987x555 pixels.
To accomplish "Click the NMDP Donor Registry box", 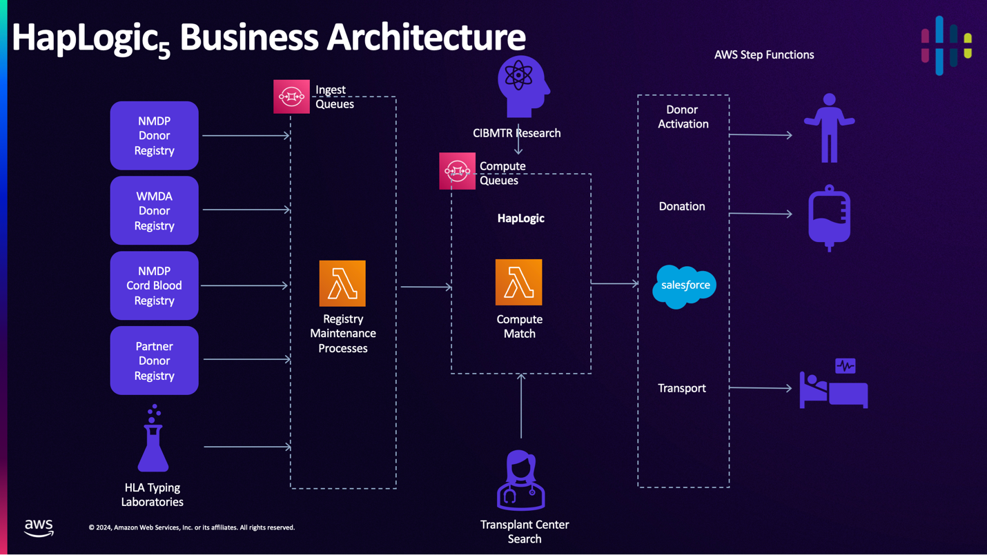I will (154, 136).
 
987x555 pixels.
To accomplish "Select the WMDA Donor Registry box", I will (154, 210).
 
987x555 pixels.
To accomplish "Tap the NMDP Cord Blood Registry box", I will (154, 285).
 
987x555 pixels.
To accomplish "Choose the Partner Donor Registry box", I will (154, 361).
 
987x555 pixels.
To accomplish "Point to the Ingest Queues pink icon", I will (291, 97).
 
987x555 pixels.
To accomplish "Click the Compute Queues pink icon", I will (457, 171).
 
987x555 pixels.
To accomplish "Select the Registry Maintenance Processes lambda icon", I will (342, 283).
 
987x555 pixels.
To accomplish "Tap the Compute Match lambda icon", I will (519, 283).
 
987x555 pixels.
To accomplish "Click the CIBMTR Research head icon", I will (522, 86).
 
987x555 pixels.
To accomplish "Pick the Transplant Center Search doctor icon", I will (521, 481).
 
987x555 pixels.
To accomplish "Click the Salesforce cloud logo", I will (685, 285).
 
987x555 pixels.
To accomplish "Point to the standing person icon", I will (829, 128).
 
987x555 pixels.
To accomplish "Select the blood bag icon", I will (829, 218).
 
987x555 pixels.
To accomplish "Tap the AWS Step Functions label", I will (764, 54).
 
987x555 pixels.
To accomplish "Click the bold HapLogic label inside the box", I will (521, 218).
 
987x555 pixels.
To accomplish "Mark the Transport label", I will (682, 388).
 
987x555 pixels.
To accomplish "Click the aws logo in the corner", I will (39, 527).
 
